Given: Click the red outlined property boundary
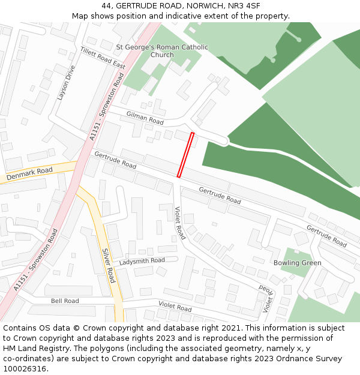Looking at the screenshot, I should coord(185,155).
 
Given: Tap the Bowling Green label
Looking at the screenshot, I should coord(297,263).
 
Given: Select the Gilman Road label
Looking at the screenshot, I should coord(145,117).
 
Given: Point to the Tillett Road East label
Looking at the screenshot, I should coord(103,57).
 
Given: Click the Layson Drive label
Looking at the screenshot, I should coord(64,82).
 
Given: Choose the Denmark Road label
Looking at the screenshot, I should coord(29,175).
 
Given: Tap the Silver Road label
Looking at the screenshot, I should coord(108,265).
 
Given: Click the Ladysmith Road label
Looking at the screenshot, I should coord(142,261).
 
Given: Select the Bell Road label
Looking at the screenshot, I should coord(65,301).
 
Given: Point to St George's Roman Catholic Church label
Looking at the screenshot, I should coord(162,51).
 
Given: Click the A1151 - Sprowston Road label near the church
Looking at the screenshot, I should coord(107,107).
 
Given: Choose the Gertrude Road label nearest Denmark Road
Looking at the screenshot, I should coord(115,159).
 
